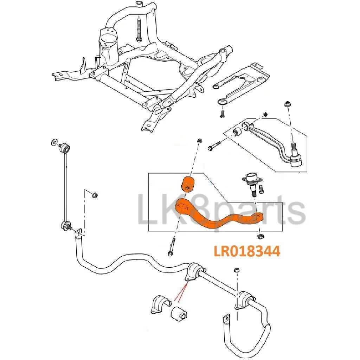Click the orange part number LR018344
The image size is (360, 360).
(247, 251)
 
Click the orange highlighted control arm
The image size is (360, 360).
(217, 213)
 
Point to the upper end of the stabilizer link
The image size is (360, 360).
(65, 148)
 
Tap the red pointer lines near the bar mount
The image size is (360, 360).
(182, 291)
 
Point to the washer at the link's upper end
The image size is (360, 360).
(54, 142)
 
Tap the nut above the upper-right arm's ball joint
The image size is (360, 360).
(287, 104)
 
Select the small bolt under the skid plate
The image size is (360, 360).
(222, 114)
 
